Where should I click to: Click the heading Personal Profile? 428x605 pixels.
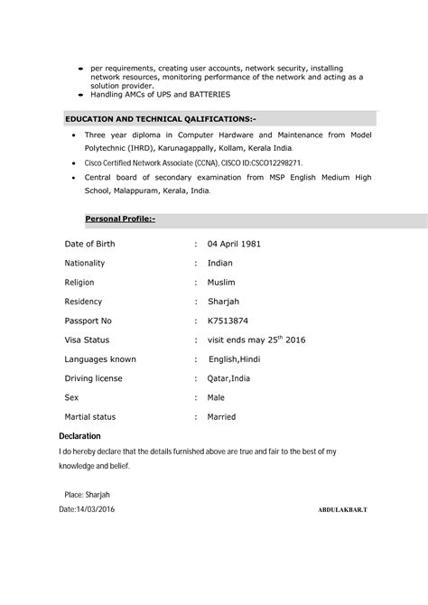tap(120, 219)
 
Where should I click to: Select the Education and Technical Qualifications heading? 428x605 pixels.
tap(161, 118)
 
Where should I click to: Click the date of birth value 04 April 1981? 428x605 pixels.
tap(235, 244)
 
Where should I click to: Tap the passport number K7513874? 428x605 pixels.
tap(228, 321)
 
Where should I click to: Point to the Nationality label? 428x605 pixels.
tap(85, 263)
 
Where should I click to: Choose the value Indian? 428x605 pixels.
tap(219, 263)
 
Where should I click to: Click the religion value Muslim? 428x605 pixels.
tap(221, 283)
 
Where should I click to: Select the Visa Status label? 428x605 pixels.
tap(87, 340)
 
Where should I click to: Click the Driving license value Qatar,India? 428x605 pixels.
tap(228, 378)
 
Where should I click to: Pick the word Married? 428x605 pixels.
tap(221, 417)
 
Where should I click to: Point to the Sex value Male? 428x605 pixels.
tap(216, 397)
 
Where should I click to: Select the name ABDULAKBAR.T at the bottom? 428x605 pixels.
tap(343, 510)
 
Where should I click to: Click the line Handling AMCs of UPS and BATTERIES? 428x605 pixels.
tap(160, 94)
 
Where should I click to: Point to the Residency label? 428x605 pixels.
tap(83, 302)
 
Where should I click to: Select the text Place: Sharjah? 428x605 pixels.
tap(87, 495)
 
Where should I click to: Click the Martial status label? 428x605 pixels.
tap(90, 417)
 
